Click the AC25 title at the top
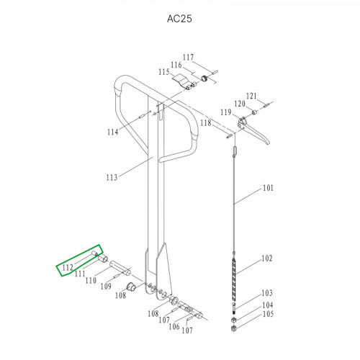[x=179, y=19]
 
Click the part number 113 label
[x=112, y=178]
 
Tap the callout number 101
[x=268, y=188]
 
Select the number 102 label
[x=267, y=258]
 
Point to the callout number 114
[x=113, y=132]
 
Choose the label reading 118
[x=206, y=123]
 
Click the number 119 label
[x=226, y=112]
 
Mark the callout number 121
[x=251, y=96]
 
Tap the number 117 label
[x=188, y=57]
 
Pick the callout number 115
[x=164, y=72]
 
